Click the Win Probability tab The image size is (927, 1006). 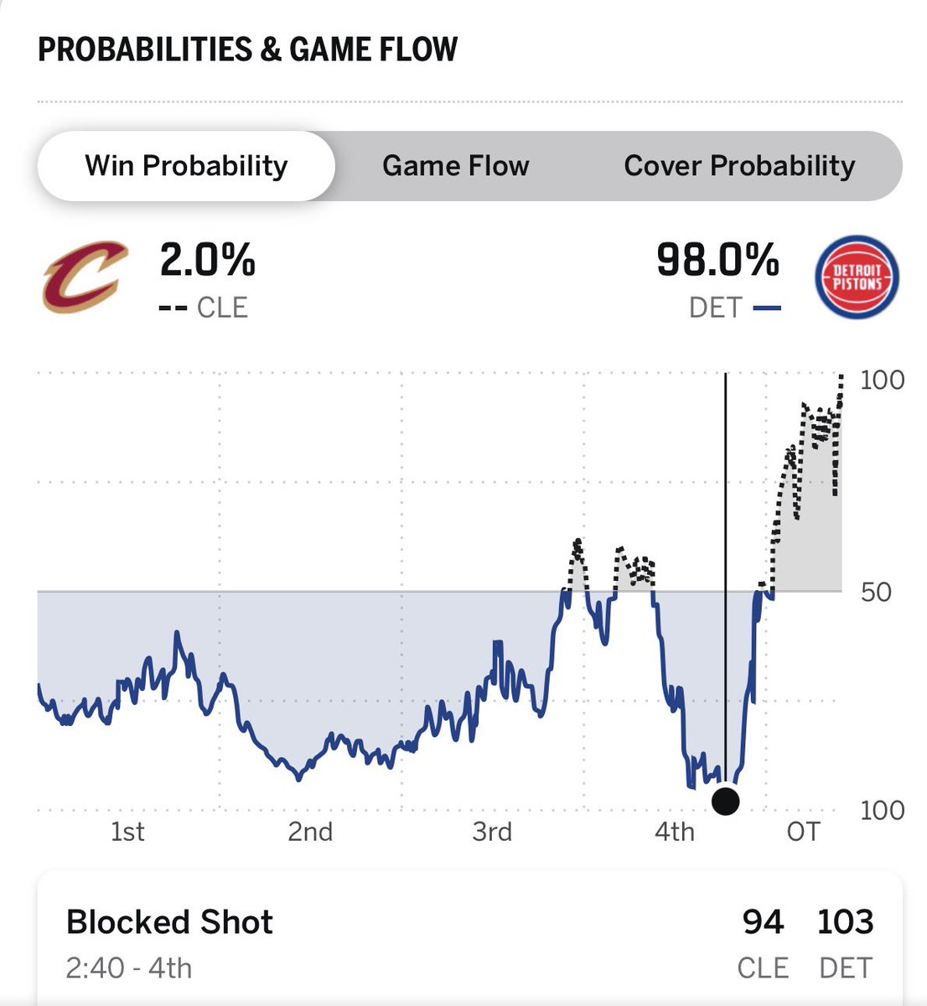coord(186,166)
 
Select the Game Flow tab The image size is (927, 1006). coord(455,166)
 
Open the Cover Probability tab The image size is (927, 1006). coord(739,166)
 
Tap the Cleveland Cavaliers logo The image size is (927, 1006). coord(85,277)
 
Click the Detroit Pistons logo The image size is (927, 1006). coord(857,277)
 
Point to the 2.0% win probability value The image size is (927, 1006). coord(208,260)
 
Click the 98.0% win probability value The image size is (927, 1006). coord(717,260)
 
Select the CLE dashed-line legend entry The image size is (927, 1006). coord(203,308)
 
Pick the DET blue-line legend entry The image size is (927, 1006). coord(735,308)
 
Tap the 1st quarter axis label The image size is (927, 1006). coord(127,832)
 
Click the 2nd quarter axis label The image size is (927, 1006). coord(310,832)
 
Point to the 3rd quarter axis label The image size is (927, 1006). coord(492,832)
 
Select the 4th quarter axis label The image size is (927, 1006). coord(674,832)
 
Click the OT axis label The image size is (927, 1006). coord(804,832)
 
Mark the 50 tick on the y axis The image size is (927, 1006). coord(876,592)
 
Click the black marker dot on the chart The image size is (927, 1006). coord(725,801)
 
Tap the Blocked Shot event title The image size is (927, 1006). coord(169,922)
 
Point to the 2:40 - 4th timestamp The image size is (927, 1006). coord(129,968)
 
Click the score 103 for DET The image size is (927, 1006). coord(846,922)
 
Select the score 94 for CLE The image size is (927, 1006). coord(763,922)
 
